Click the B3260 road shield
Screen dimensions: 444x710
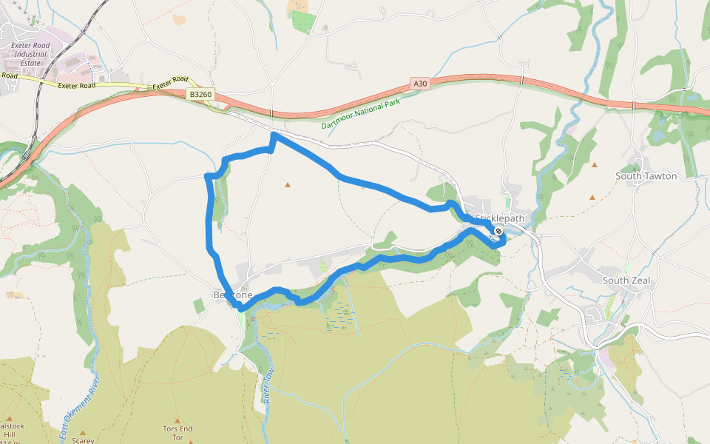[x=200, y=94]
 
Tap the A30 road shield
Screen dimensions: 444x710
[x=421, y=84]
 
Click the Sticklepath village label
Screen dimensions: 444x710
[x=500, y=218]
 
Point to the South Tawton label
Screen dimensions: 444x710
[x=646, y=176]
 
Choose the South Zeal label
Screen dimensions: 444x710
[x=625, y=280]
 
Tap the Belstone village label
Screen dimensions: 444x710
[x=232, y=295]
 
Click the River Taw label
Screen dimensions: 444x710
[x=268, y=386]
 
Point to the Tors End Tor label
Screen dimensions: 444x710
[x=177, y=433]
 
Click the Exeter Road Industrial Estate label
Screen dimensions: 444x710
[x=30, y=54]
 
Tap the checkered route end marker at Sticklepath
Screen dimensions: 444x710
[x=498, y=231]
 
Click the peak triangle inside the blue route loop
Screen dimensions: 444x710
[x=288, y=184]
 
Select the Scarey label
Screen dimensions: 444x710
[x=83, y=440]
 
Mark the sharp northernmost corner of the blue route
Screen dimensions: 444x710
[x=274, y=134]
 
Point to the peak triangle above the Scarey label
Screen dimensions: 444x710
[x=83, y=431]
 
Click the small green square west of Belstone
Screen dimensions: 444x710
[x=199, y=306]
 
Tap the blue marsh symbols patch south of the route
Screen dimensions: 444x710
[x=340, y=314]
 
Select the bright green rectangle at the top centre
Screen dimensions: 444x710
[x=303, y=21]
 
